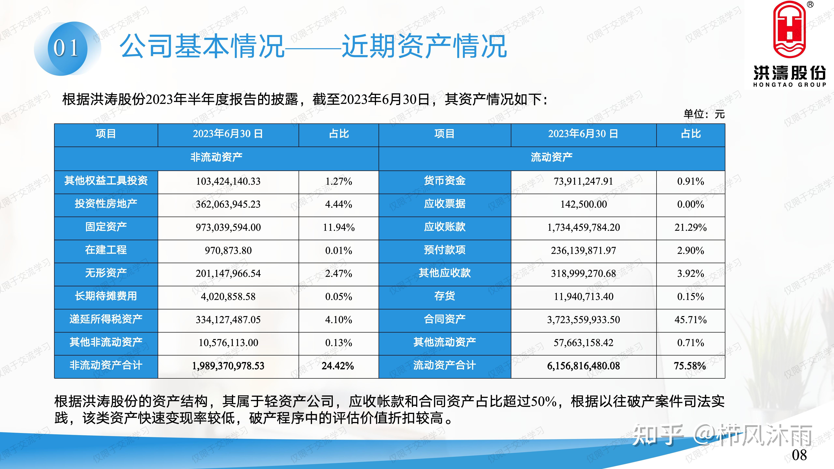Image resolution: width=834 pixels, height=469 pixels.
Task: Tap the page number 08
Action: tap(799, 455)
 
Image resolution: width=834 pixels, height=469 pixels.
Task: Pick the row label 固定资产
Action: tap(106, 227)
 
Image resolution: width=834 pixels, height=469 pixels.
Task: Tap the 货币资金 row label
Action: tap(445, 181)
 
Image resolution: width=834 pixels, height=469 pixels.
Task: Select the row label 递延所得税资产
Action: tap(106, 319)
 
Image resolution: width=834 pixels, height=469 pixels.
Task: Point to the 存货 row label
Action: tap(445, 296)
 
